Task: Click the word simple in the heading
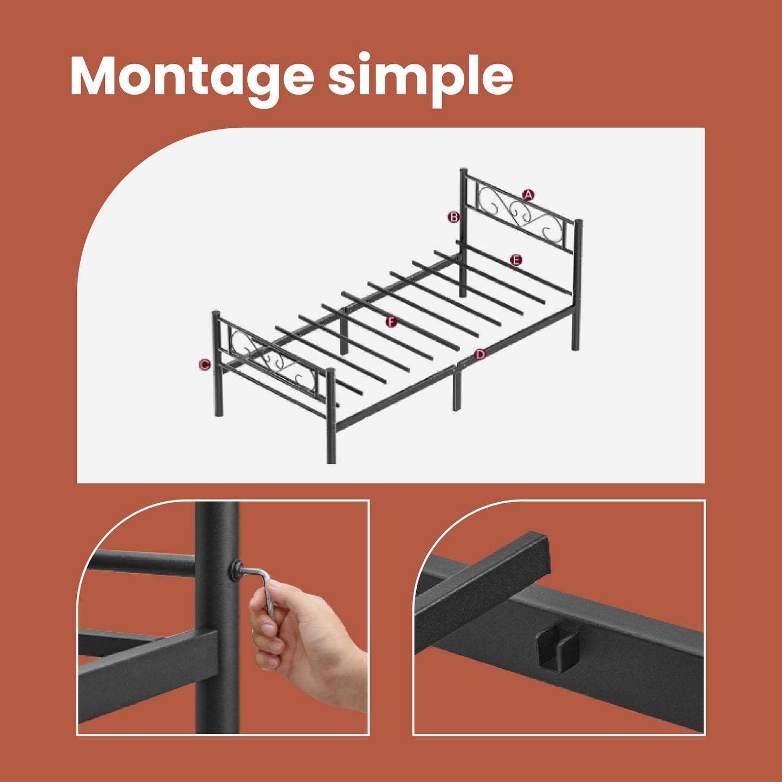420,80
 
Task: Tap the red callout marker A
528,195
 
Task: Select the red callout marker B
454,217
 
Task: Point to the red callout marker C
205,364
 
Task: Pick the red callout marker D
480,354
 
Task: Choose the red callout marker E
516,260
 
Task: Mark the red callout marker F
391,322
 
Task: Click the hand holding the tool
304,637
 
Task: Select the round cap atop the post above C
216,313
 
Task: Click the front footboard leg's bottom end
331,461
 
